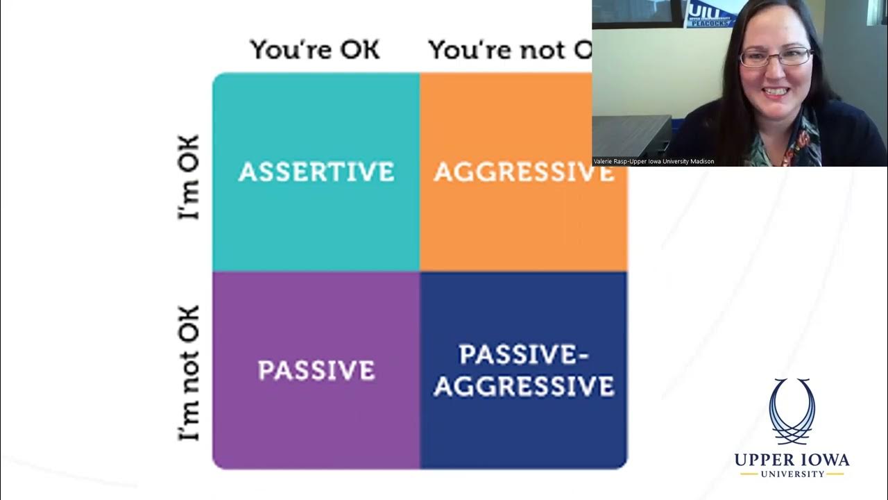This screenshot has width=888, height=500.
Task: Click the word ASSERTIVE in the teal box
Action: [x=316, y=172]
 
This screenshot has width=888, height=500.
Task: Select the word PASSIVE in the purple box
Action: [x=316, y=370]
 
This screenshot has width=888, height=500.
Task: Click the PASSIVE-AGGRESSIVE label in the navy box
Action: [x=524, y=371]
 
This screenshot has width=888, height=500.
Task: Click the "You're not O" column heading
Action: [x=509, y=50]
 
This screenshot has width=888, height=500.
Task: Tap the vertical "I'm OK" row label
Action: [x=189, y=177]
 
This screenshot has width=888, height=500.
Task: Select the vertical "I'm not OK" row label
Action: [x=189, y=373]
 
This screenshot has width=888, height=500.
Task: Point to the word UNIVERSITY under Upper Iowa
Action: [x=792, y=474]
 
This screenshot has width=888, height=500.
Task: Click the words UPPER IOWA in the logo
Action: [x=792, y=460]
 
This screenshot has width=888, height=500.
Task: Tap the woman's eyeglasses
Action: [x=776, y=57]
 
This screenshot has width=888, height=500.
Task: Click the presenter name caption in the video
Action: [x=654, y=161]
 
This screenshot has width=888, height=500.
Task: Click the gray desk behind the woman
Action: [x=631, y=135]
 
